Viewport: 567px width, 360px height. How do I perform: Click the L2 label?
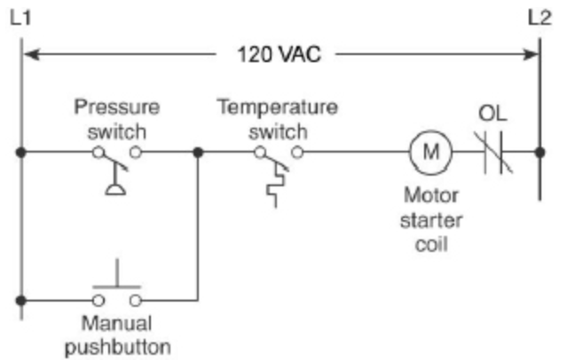click(x=540, y=16)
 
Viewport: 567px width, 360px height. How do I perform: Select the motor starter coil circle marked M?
click(x=430, y=152)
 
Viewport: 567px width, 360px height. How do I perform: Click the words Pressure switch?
click(x=116, y=119)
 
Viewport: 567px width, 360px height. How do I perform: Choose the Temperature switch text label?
click(x=278, y=119)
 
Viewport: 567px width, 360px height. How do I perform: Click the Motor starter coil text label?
click(x=429, y=218)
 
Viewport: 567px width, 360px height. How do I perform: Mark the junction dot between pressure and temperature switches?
click(x=197, y=152)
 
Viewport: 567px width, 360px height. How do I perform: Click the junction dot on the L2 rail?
click(x=540, y=152)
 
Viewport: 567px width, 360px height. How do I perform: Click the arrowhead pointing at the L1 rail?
click(x=30, y=54)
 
